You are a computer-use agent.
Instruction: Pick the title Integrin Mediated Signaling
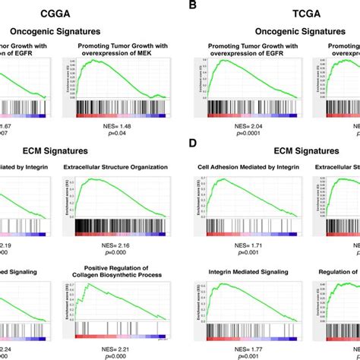[x=241, y=271]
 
